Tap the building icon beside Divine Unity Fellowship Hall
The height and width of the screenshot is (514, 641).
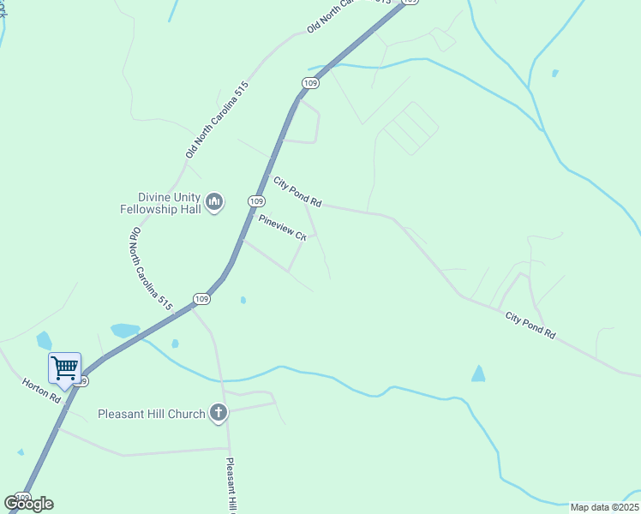tap(214, 202)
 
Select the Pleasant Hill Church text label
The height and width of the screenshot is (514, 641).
tap(151, 415)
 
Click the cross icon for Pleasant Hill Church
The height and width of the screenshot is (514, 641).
tap(219, 414)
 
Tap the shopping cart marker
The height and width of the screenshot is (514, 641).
tap(65, 369)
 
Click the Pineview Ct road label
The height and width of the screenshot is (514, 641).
tap(283, 228)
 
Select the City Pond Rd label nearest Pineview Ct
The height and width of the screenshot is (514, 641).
tap(297, 192)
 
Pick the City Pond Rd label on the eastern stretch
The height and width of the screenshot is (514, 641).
tap(530, 327)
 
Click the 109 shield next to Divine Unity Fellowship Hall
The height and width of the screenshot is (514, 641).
tap(255, 200)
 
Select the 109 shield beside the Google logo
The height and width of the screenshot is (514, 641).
tap(22, 497)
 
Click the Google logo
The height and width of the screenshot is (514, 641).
tap(29, 504)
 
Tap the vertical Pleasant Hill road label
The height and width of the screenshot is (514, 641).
tap(231, 486)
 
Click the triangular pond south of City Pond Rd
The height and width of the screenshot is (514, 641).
tap(478, 374)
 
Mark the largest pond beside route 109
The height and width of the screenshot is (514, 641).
tap(125, 330)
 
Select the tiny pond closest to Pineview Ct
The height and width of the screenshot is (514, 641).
tap(243, 300)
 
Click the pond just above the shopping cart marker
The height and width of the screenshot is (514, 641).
tap(44, 340)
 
